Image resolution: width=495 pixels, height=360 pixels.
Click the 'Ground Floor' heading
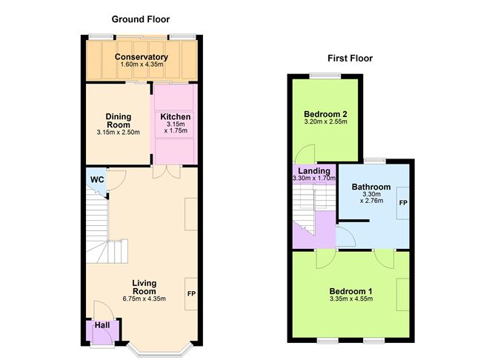(141, 19)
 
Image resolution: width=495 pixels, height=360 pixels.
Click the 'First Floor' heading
(350, 58)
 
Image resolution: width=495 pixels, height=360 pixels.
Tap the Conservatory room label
(141, 57)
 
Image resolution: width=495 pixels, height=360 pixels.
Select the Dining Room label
(118, 120)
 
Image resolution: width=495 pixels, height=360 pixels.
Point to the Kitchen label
(176, 117)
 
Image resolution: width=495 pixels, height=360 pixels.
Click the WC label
(96, 180)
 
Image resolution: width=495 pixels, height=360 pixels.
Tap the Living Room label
(144, 287)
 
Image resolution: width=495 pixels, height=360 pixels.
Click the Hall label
(101, 326)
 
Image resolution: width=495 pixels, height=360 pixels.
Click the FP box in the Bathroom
(402, 203)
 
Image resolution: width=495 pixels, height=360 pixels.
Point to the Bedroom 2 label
(324, 114)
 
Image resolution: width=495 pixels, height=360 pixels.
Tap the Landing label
(313, 171)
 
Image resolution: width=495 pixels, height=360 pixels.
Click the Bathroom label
(371, 187)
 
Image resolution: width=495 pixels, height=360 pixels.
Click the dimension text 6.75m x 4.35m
(144, 299)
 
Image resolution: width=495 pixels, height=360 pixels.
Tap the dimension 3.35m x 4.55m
(351, 299)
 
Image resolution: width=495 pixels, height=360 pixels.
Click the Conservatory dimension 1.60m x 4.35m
(141, 66)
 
